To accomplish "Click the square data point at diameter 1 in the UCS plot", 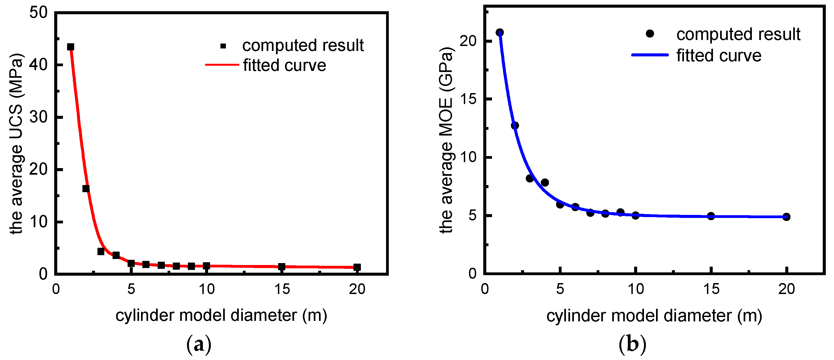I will click(x=71, y=47).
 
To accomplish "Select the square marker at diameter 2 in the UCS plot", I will click(x=86, y=188).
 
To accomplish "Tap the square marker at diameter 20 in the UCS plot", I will click(x=357, y=267).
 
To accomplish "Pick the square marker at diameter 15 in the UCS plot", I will click(x=281, y=266).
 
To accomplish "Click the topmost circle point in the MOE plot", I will click(x=500, y=32).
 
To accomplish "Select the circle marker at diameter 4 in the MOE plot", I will click(x=545, y=183).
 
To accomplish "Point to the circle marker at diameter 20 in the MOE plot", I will click(x=786, y=217).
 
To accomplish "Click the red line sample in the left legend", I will click(x=222, y=65).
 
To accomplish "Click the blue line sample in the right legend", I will click(x=650, y=55).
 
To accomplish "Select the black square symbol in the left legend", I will click(x=223, y=46).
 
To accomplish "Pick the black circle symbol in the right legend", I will click(x=650, y=34).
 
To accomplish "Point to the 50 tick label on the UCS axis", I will click(x=38, y=13).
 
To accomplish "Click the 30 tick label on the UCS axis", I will click(x=38, y=117).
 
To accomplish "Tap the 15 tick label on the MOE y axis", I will click(x=468, y=99).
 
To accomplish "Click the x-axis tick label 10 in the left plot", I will click(x=206, y=289).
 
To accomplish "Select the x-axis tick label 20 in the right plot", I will click(x=786, y=289).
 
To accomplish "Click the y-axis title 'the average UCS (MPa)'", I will click(x=16, y=144).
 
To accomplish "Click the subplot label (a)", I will click(x=199, y=344).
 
